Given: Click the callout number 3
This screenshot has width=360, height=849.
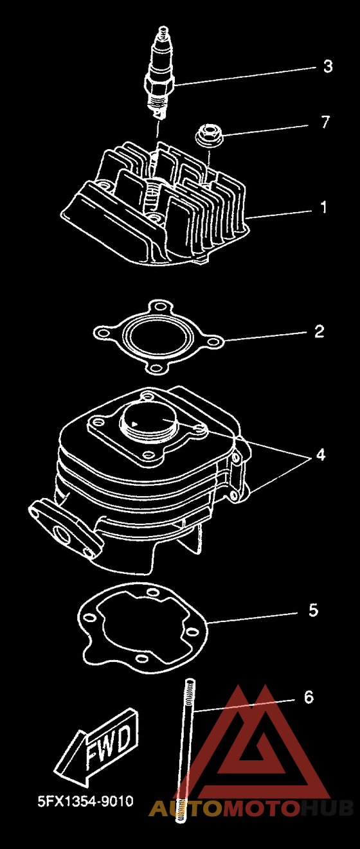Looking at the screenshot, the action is tap(328, 66).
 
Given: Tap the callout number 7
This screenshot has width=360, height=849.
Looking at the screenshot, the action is tap(325, 122).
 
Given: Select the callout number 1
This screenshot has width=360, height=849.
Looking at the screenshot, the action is tap(323, 208).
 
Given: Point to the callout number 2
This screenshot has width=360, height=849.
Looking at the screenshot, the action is tap(319, 331).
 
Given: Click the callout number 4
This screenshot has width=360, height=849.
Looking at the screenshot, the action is tap(321, 454).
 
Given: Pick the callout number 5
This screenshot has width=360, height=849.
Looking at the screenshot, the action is tap(313, 610).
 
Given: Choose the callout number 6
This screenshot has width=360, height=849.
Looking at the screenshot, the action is tap(309, 697).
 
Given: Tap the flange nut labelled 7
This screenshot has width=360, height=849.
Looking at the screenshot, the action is tap(209, 134).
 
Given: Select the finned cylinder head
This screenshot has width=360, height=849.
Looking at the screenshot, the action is tap(156, 204).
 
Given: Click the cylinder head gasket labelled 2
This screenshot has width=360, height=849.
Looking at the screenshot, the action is tap(158, 337).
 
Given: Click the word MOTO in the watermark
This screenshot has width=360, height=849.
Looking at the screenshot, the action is tap(260, 808).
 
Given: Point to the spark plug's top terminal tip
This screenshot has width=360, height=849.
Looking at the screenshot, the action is tap(163, 29).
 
